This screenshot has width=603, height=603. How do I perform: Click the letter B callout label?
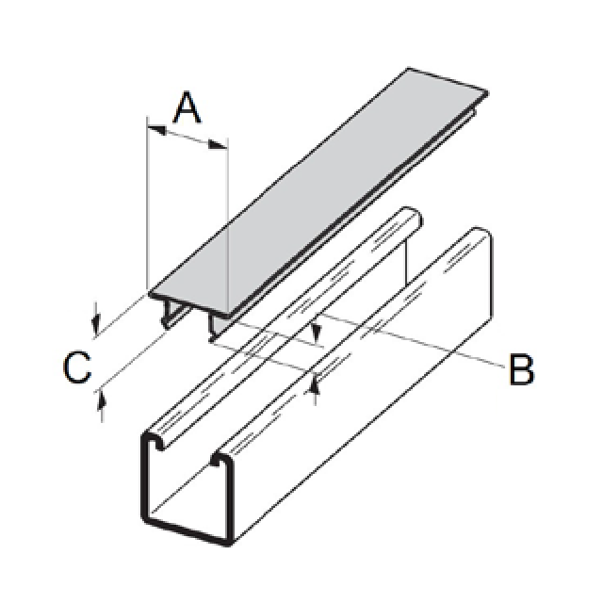[521, 369]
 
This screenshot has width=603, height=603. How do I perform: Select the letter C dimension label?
[77, 368]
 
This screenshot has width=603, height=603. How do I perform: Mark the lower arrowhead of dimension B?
[317, 381]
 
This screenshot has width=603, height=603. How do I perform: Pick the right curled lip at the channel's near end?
[222, 461]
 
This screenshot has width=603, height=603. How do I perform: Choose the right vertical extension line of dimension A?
[228, 226]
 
